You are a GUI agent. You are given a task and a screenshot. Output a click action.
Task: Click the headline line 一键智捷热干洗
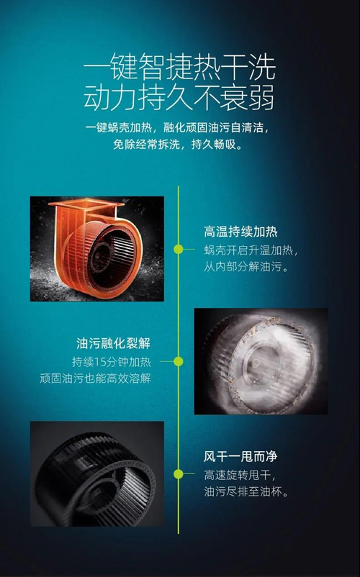point(179,68)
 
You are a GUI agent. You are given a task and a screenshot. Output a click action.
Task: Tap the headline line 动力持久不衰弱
point(179,97)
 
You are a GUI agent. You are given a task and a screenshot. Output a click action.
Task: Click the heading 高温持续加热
point(240,232)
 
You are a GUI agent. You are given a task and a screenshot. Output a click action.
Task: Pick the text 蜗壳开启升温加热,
point(251,250)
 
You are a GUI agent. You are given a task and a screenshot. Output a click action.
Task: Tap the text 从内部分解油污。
point(246,266)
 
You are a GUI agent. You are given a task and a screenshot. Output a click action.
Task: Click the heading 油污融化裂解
point(114,343)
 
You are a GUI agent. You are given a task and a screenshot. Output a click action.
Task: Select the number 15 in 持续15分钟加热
point(99,362)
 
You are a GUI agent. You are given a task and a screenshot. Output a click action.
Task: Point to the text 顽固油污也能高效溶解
point(95,378)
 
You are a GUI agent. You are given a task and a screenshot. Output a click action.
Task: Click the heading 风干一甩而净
point(240,457)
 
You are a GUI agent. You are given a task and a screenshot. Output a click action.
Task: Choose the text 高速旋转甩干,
point(240,475)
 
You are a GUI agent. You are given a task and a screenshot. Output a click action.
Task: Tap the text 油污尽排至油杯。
point(246,491)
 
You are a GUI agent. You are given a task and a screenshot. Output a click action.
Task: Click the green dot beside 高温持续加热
point(179,250)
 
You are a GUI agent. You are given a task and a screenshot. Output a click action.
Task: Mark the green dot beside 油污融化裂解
point(179,362)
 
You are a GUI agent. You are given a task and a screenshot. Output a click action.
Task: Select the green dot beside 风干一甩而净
point(179,474)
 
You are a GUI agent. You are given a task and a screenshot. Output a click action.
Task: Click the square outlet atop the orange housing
point(86,204)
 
